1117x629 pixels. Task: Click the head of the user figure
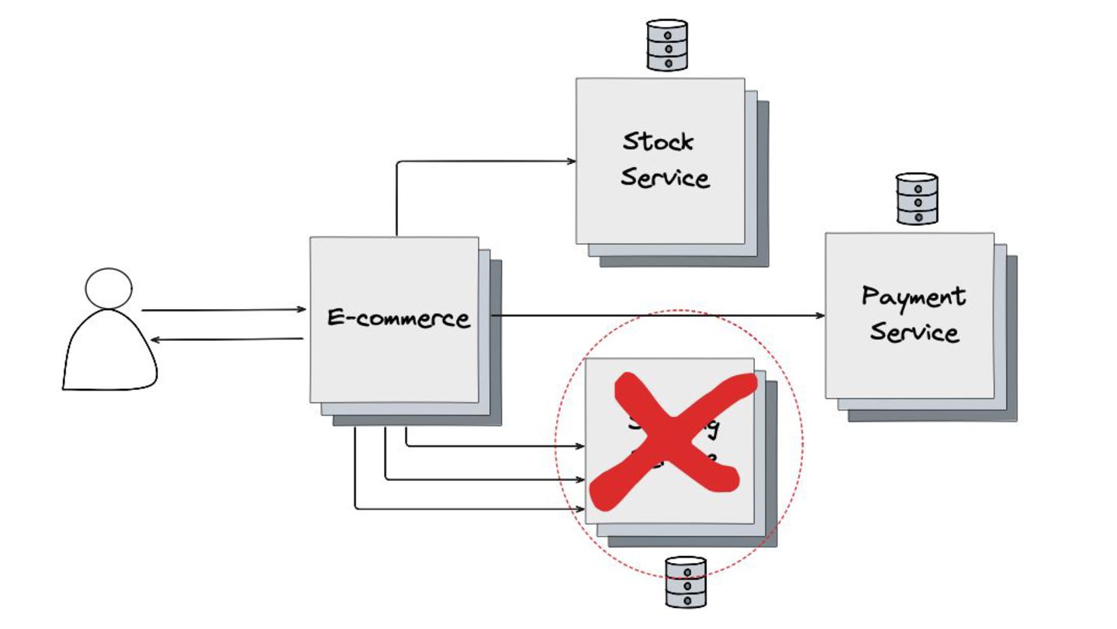tap(109, 288)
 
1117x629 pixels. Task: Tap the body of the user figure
tap(109, 353)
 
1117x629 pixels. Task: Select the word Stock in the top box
tap(659, 141)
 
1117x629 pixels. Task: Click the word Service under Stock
tap(665, 178)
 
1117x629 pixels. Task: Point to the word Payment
tap(914, 297)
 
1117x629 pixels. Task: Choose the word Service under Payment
tap(914, 332)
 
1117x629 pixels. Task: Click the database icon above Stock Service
tap(667, 46)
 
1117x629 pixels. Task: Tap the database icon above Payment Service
tap(917, 199)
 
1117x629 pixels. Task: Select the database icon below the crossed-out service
tap(686, 582)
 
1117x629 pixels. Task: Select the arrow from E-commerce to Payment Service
tap(659, 316)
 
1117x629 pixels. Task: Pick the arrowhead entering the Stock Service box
tap(572, 162)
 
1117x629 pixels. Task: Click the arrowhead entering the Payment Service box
tap(821, 316)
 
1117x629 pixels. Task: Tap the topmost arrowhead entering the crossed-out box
tap(579, 447)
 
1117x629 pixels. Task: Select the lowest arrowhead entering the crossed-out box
tap(579, 509)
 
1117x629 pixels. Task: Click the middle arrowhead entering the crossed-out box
tap(579, 479)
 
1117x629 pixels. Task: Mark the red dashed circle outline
tap(803, 443)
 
